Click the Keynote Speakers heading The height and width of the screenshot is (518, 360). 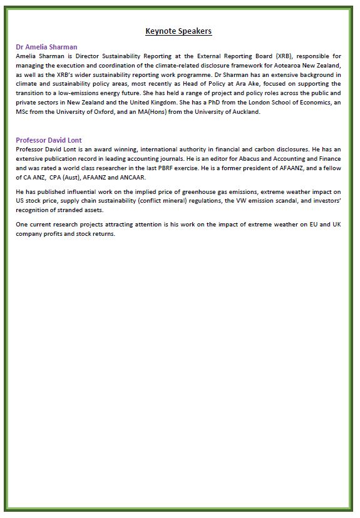point(178,31)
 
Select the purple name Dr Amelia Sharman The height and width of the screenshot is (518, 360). point(46,47)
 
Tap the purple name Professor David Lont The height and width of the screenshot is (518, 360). point(49,140)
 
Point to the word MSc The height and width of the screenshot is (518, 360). point(23,112)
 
